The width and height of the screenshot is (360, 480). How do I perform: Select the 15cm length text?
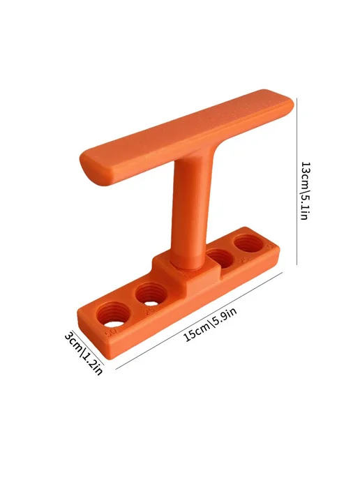click(x=195, y=332)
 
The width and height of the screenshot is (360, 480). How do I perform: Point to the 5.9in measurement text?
click(x=225, y=317)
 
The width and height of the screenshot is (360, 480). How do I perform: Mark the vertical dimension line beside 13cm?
click(x=297, y=181)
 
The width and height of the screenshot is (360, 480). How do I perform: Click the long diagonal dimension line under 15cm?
click(x=199, y=321)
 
